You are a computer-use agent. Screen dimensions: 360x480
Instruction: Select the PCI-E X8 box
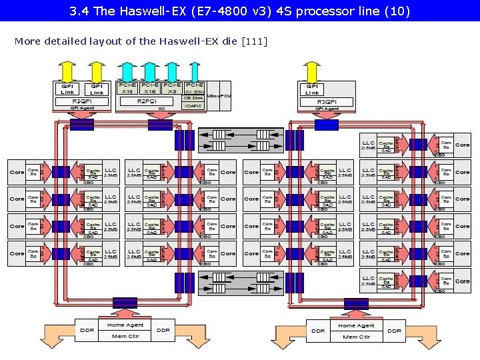pyautogui.click(x=172, y=88)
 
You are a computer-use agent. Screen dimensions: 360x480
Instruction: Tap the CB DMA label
pyautogui.click(x=193, y=97)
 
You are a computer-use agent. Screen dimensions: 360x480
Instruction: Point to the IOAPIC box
pyautogui.click(x=193, y=105)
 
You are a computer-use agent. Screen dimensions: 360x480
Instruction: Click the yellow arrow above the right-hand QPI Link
pyautogui.click(x=311, y=70)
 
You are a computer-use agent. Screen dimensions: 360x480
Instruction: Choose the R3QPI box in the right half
pyautogui.click(x=326, y=101)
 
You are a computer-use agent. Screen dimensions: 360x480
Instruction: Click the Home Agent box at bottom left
pyautogui.click(x=125, y=325)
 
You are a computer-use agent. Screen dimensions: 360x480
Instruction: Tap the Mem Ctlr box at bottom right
pyautogui.click(x=356, y=337)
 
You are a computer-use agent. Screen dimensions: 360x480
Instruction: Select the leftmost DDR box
pyautogui.click(x=86, y=330)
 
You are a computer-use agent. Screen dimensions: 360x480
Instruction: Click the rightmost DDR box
pyautogui.click(x=395, y=331)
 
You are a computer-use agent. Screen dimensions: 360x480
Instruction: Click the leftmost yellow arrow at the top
pyautogui.click(x=67, y=70)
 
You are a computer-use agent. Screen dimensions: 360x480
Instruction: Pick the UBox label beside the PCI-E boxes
pyautogui.click(x=213, y=96)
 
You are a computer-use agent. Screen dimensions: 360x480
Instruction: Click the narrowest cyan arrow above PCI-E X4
pyautogui.click(x=195, y=70)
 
